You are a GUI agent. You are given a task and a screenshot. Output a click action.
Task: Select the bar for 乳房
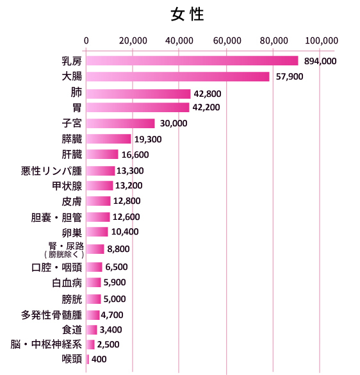click(192, 61)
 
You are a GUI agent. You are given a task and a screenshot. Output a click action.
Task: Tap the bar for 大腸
click(177, 76)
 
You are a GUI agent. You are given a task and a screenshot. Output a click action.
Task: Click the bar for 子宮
click(120, 123)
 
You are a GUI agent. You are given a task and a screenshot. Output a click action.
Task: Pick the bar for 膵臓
click(108, 138)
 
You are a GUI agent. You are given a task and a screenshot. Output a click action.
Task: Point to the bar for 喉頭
click(88, 359)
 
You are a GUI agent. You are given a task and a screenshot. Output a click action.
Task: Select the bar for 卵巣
click(97, 231)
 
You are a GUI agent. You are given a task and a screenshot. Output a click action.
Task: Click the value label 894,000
click(320, 62)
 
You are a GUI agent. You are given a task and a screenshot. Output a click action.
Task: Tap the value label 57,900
click(290, 77)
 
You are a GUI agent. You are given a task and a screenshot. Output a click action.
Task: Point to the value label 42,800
click(208, 93)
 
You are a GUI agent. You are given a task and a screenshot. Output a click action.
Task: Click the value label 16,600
click(135, 154)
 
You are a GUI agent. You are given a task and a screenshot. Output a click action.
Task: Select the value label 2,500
click(110, 345)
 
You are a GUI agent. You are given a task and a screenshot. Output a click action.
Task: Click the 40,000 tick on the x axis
click(180, 40)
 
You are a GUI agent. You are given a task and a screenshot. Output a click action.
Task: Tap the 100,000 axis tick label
click(321, 40)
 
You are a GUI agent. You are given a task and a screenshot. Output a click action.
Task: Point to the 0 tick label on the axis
click(86, 40)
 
